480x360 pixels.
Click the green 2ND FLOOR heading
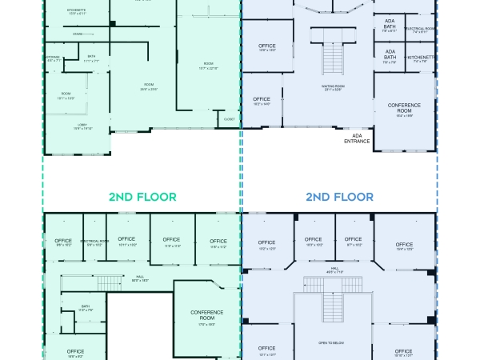(142, 196)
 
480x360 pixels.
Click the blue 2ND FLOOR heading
(339, 196)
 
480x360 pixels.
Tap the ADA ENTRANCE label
(357, 138)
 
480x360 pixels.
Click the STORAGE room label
(53, 58)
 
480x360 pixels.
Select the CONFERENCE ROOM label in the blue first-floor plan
(404, 107)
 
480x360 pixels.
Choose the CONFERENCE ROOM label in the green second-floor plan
(206, 314)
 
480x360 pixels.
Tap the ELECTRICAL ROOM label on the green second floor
(95, 241)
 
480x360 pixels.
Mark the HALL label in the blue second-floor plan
(334, 270)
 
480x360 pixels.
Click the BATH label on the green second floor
(86, 306)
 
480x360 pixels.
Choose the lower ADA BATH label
(389, 55)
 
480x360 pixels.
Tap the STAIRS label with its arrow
(78, 34)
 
